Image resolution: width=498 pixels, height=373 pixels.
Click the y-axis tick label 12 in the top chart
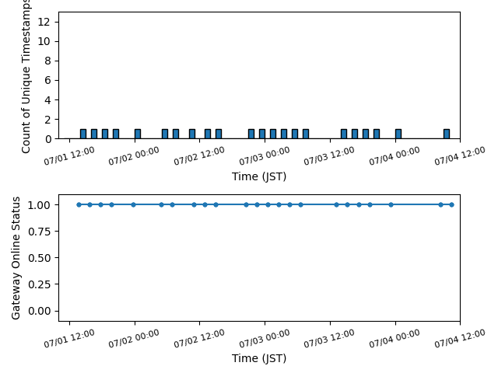[44, 22]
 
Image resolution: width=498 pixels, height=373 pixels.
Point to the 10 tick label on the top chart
[44, 41]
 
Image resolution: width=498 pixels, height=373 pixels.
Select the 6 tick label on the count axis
[47, 80]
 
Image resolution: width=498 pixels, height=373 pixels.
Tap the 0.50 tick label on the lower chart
[39, 258]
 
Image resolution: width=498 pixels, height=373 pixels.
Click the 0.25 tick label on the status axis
[39, 284]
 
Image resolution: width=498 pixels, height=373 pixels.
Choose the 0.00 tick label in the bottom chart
[39, 311]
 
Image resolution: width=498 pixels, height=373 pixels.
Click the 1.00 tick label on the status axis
[39, 205]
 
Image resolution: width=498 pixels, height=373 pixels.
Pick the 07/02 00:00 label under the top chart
[134, 156]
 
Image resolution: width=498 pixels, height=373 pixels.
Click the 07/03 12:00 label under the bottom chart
[329, 339]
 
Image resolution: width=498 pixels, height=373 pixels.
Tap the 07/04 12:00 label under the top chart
[460, 155]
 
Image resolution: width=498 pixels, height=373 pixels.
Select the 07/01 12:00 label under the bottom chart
[69, 339]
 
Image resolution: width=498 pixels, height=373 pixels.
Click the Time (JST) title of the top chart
[259, 176]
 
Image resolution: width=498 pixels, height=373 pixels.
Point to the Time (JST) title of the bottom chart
[259, 358]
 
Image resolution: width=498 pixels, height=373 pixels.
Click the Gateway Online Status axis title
[16, 258]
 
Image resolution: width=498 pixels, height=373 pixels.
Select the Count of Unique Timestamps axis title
[26, 76]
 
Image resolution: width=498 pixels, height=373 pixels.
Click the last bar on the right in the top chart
[447, 134]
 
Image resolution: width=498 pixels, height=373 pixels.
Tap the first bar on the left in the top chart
[83, 134]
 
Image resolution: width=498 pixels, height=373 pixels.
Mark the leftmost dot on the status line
[79, 204]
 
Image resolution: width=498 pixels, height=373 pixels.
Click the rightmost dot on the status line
[451, 204]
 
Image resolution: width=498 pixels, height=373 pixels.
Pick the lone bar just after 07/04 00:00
[398, 134]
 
